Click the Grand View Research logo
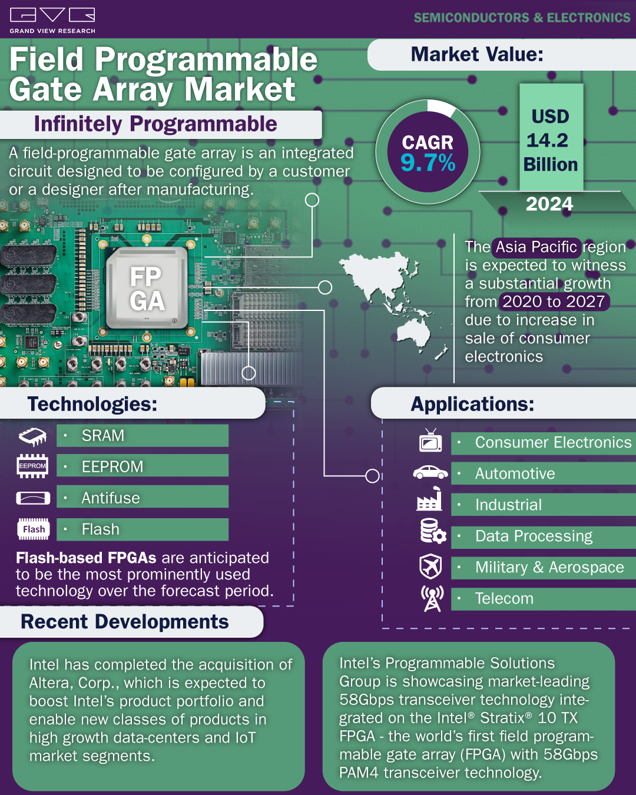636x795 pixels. (52, 20)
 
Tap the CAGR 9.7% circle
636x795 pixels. (428, 153)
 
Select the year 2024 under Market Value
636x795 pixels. (549, 204)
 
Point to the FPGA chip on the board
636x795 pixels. (147, 288)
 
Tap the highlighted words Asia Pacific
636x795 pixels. (536, 247)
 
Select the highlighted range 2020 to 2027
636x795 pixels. (554, 302)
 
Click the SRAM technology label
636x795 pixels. (103, 436)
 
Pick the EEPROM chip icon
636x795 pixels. (32, 466)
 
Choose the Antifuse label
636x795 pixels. (111, 498)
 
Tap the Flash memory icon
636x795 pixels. (34, 529)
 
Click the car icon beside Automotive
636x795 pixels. (430, 472)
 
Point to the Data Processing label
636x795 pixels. (534, 536)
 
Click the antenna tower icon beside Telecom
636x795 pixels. (432, 599)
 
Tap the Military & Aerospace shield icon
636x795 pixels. (430, 567)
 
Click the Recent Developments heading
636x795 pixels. (125, 622)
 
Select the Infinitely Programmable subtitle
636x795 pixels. (155, 124)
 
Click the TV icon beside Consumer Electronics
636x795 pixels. (430, 441)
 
